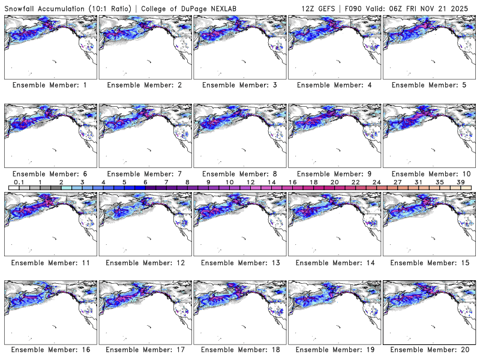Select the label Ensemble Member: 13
point(241,262)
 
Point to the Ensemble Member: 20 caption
point(430,350)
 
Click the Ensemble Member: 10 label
point(430,174)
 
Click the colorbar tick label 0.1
point(19,182)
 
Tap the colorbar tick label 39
point(460,182)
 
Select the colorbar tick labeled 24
point(376,182)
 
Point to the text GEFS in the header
point(321,8)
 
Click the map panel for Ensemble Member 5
point(430,47)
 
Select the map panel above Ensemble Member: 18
point(241,312)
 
